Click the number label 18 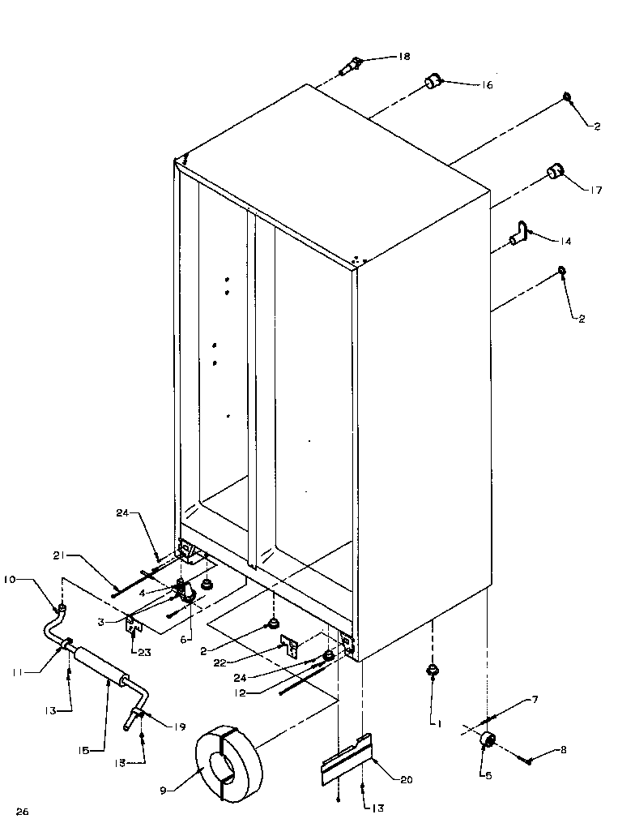403,57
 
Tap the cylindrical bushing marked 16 433,81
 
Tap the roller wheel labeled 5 488,739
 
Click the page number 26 22,811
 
